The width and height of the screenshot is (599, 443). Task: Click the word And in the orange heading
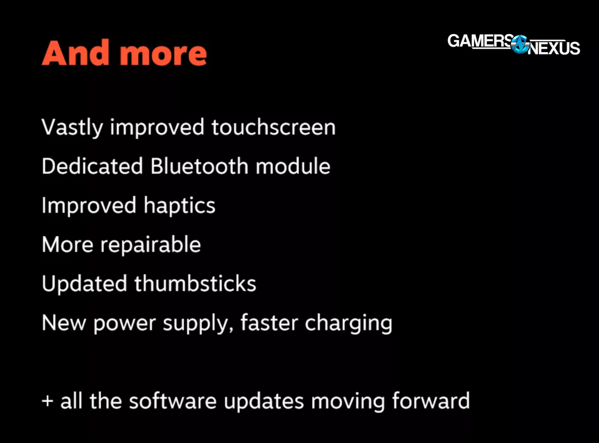pos(75,53)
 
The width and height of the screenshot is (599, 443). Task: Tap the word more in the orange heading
pos(163,55)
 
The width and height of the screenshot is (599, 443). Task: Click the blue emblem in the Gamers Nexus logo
pos(520,44)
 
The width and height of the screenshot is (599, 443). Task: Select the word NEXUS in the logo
pos(554,48)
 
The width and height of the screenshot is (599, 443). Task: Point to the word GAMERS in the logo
pos(480,41)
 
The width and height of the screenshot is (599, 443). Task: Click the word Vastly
pos(72,127)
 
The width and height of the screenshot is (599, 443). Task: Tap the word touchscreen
pos(273,127)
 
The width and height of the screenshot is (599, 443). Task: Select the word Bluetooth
pos(199,166)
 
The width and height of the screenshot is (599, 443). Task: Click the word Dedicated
pos(92,166)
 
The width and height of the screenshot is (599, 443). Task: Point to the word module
pos(293,166)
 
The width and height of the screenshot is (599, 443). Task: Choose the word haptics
pos(180,206)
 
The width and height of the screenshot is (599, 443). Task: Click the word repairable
pos(150,245)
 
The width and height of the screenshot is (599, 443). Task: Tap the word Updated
pos(84,284)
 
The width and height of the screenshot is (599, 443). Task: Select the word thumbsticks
pos(195,284)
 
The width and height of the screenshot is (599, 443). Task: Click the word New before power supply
pos(64,323)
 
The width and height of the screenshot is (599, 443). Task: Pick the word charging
pos(349,324)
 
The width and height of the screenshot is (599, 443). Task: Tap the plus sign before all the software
pos(48,401)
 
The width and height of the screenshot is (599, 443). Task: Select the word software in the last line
pos(173,401)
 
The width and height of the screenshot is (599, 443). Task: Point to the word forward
pos(431,401)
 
